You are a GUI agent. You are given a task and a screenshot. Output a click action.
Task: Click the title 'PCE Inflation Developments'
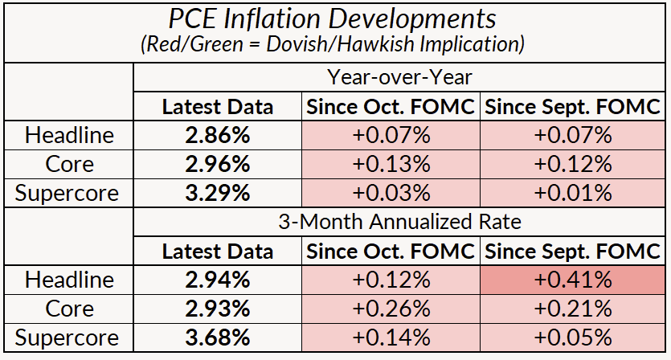click(x=335, y=19)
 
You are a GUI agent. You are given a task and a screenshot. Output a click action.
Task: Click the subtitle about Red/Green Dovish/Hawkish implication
click(x=335, y=46)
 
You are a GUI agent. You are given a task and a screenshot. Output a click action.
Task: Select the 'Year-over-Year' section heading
click(x=399, y=78)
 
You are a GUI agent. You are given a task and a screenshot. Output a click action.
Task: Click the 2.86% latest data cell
click(x=218, y=135)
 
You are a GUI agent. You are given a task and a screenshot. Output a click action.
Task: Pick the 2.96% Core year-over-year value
click(x=218, y=164)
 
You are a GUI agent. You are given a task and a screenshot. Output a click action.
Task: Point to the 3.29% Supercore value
click(x=218, y=193)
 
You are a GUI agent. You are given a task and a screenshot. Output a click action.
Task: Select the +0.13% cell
click(x=391, y=164)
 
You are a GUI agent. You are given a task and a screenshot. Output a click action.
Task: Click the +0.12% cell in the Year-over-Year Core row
click(x=573, y=164)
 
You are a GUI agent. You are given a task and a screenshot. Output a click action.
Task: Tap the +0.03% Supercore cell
click(x=391, y=193)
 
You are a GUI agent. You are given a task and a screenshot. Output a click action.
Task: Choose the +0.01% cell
click(x=573, y=193)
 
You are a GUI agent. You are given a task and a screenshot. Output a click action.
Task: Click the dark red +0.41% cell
click(x=573, y=280)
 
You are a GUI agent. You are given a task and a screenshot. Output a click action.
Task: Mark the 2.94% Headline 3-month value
click(x=218, y=280)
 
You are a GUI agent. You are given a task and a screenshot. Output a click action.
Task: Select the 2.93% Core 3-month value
click(x=218, y=309)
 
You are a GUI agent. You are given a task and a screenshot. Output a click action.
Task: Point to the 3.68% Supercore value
click(x=218, y=337)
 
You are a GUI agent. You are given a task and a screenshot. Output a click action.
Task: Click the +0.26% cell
click(x=391, y=309)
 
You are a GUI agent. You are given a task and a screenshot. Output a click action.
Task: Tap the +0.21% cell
click(x=573, y=309)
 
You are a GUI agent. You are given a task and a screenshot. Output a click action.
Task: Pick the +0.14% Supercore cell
click(x=391, y=337)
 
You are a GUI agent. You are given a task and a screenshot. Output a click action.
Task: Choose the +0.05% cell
click(x=573, y=337)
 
